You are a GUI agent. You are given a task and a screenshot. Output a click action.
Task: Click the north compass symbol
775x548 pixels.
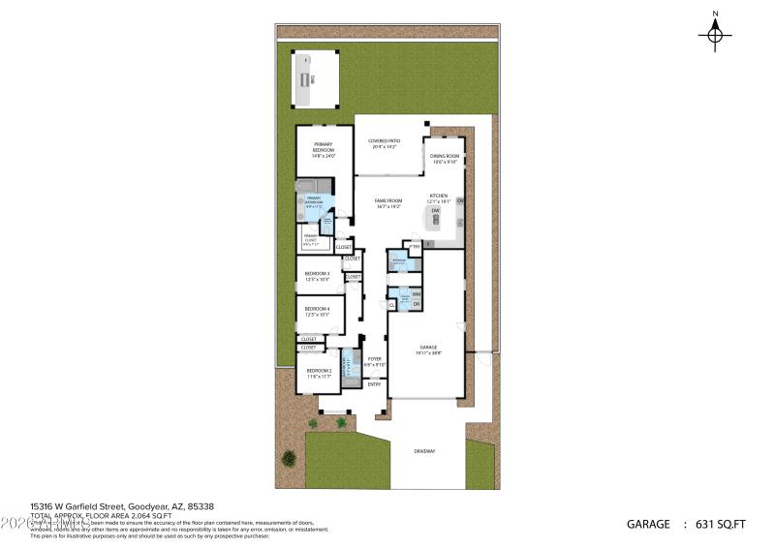(715, 34)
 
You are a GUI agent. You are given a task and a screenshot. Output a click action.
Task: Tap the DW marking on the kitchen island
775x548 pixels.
(436, 210)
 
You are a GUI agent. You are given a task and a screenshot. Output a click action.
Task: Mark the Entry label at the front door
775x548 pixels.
(374, 384)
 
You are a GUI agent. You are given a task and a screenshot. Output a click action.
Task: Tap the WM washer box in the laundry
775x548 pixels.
(416, 293)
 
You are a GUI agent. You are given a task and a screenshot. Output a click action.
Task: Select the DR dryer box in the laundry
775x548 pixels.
(416, 305)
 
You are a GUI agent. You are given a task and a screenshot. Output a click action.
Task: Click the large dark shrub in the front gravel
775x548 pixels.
(288, 457)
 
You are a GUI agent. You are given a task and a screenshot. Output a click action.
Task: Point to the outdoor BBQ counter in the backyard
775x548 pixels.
(306, 81)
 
